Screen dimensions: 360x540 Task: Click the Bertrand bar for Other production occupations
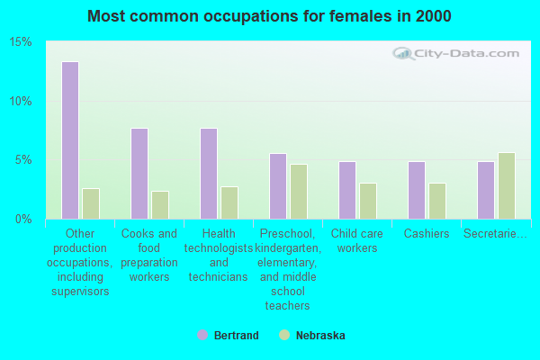click(69, 140)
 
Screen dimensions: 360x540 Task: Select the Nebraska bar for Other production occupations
click(91, 203)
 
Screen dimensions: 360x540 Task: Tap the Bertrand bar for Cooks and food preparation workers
click(139, 174)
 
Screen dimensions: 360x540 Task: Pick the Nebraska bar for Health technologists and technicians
click(229, 202)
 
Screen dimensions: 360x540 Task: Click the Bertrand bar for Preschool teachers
click(277, 186)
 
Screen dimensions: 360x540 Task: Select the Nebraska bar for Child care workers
click(368, 201)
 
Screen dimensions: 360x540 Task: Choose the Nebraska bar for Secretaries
click(507, 185)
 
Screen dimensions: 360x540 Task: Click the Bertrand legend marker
click(202, 336)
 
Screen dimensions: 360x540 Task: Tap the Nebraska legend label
click(319, 336)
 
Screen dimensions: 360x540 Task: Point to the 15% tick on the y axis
click(21, 42)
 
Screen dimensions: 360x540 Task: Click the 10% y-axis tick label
click(21, 101)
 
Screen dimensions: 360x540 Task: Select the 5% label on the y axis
click(23, 160)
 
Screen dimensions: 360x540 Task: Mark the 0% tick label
click(23, 219)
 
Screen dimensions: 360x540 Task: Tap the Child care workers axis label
click(357, 240)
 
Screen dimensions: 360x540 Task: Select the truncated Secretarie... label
click(495, 234)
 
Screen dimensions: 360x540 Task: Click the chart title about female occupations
click(270, 16)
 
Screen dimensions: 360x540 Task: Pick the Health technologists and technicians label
click(219, 255)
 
